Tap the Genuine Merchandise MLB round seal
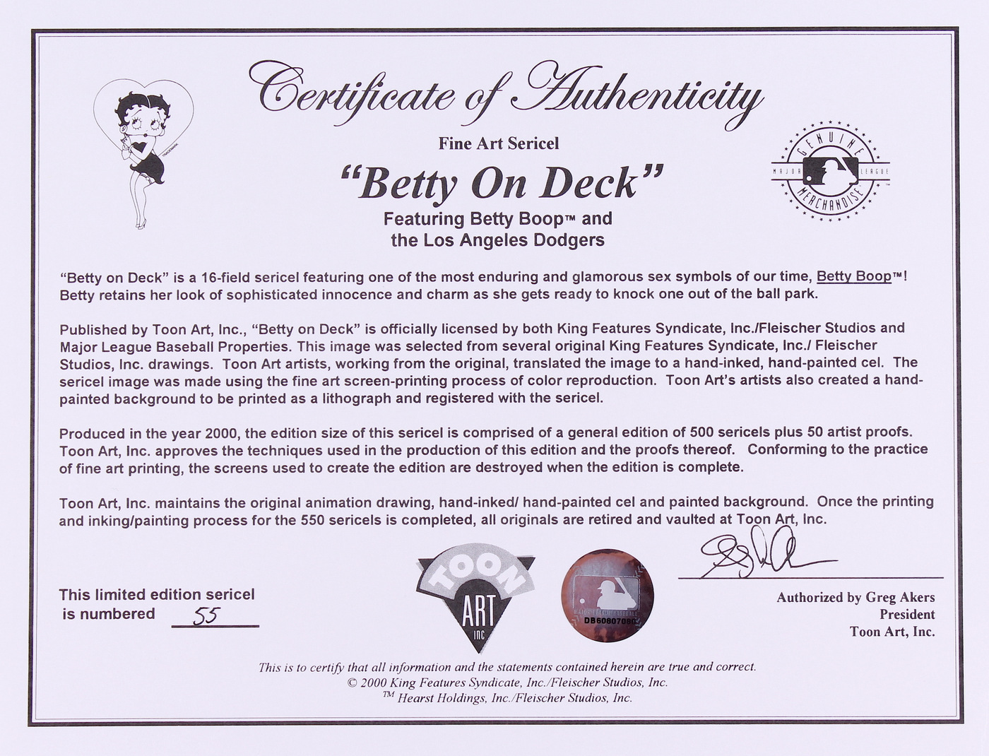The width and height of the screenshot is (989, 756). coord(829,172)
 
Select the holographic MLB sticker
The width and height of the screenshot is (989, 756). coord(607,596)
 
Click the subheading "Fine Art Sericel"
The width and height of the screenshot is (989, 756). coord(499,143)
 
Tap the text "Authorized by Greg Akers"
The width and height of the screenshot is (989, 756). coord(855,598)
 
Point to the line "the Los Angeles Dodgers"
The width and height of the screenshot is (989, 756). coord(498,240)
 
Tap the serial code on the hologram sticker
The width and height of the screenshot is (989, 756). coord(607,620)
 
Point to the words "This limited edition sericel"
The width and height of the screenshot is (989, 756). coord(157,595)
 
